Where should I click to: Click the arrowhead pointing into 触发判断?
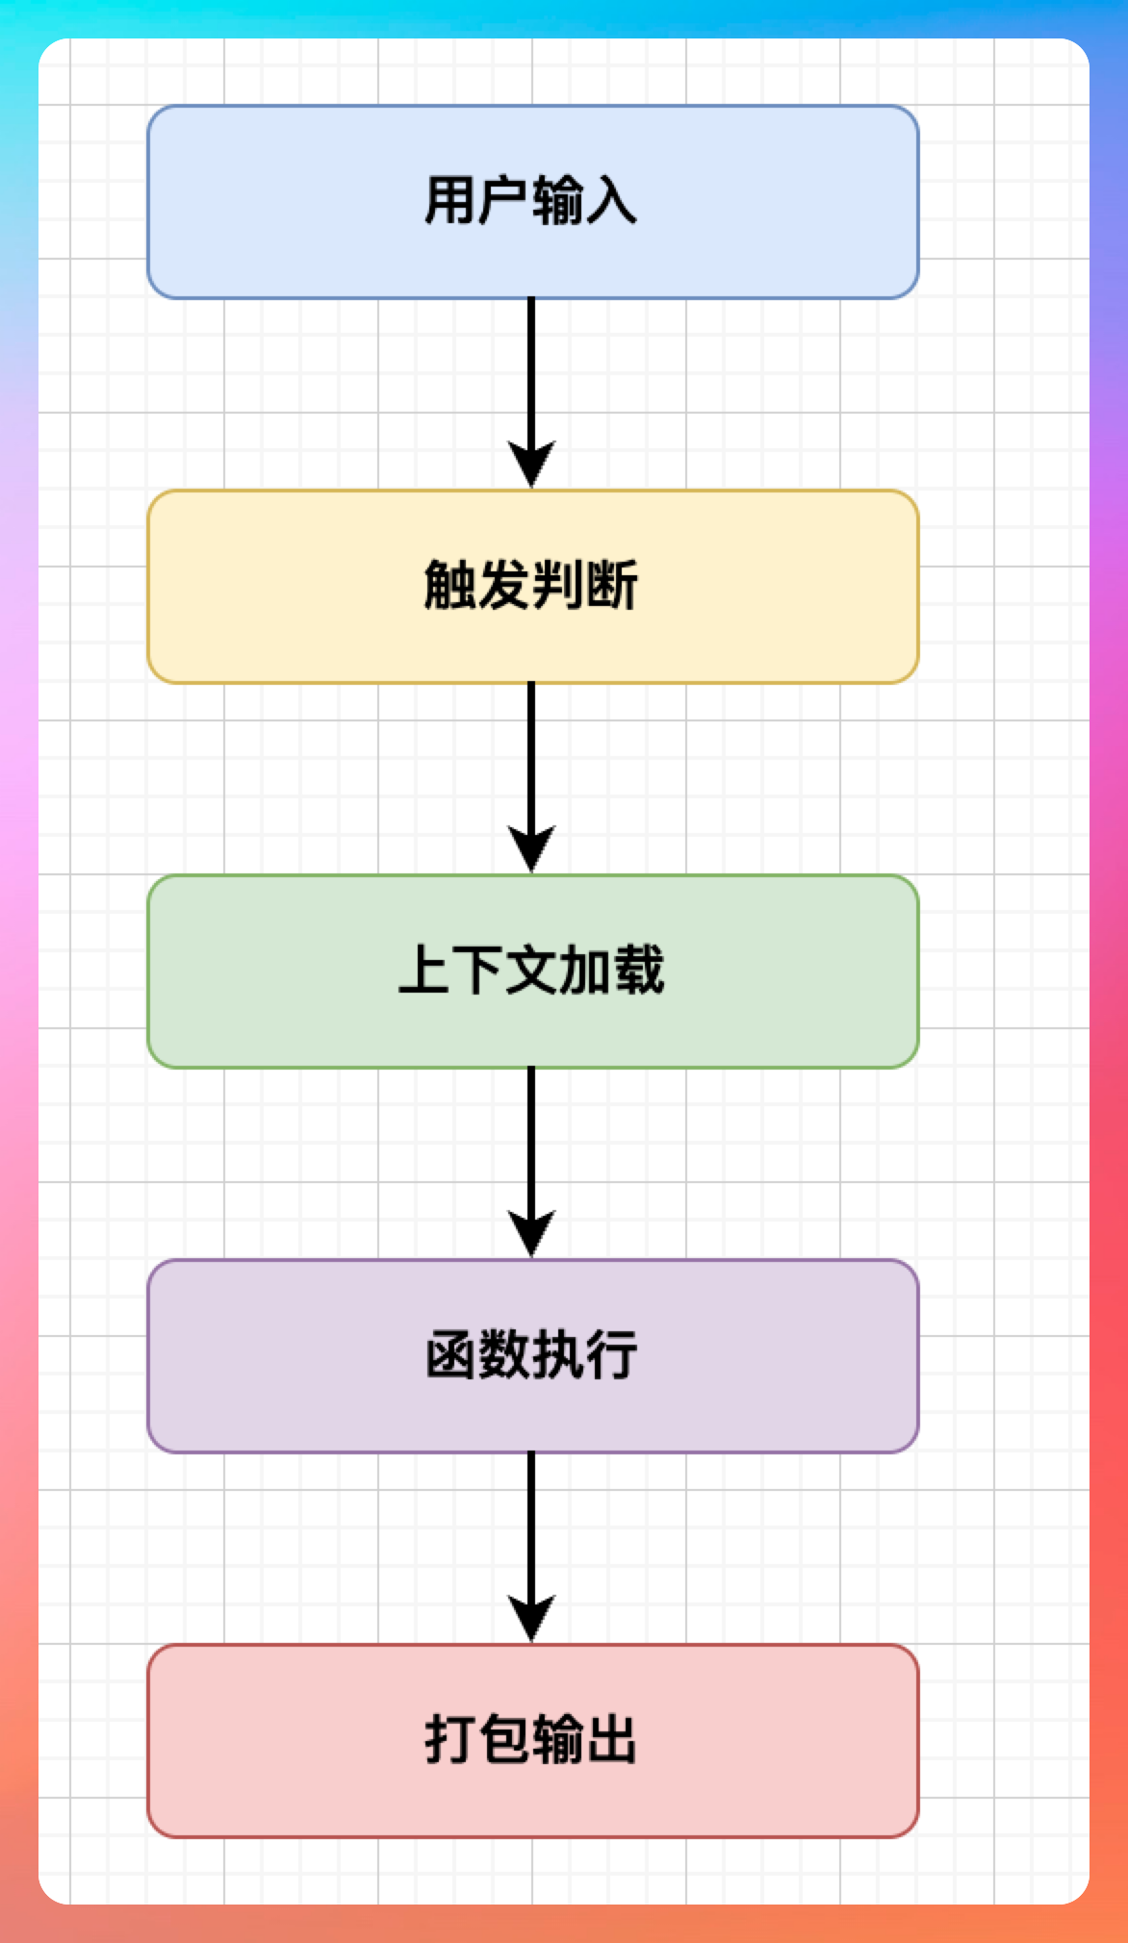pos(531,467)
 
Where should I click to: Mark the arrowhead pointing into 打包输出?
pos(531,1621)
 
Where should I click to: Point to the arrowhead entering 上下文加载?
pos(531,851)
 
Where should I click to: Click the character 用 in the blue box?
pos(450,201)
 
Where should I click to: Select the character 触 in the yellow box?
pos(450,586)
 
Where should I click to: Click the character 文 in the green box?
pos(531,971)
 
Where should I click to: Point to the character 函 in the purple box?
pos(450,1355)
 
